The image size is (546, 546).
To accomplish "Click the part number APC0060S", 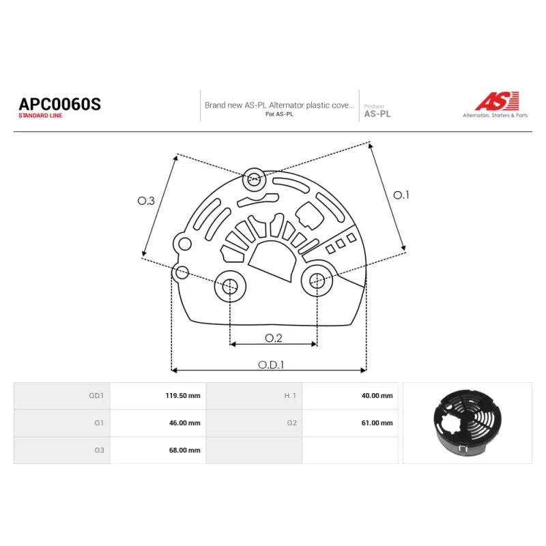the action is pos(59,104).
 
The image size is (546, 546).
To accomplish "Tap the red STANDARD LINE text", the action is pos(40,115).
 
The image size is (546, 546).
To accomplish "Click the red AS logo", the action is pos(497,101).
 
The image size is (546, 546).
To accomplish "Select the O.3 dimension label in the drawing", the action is pos(146,201).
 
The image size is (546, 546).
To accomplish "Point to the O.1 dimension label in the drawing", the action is pos(401,195).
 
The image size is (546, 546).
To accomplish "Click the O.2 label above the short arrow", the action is pos(274,338).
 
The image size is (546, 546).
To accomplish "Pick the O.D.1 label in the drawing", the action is pos(271,364).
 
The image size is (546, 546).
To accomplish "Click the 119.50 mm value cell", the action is pos(158,396).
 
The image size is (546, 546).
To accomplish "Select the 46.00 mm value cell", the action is pos(158,423).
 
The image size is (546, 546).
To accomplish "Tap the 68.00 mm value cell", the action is pos(158,450).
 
